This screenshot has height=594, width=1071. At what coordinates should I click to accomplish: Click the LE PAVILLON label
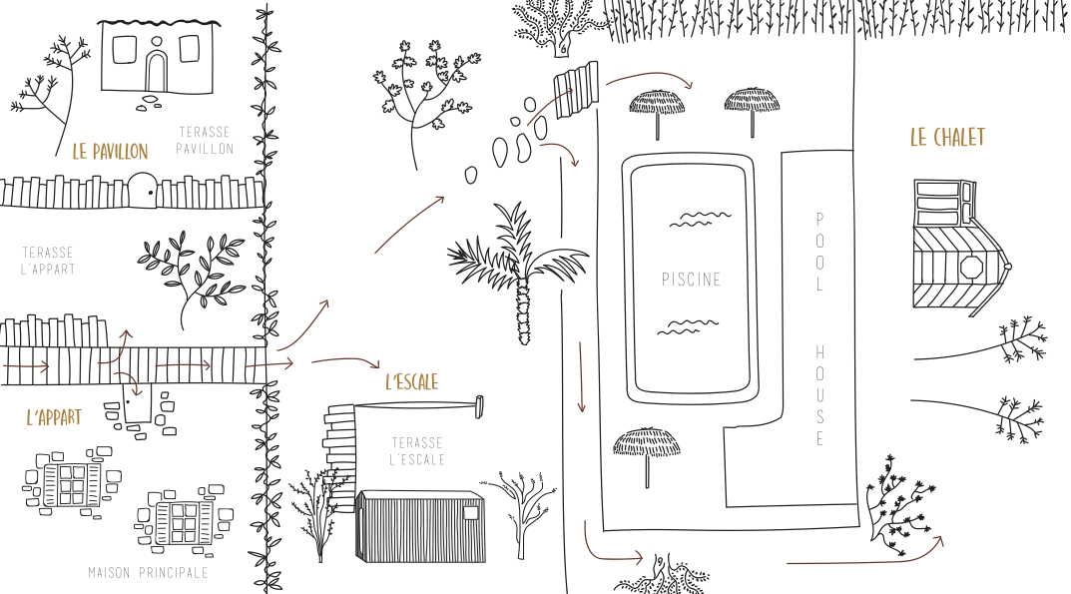point(110,152)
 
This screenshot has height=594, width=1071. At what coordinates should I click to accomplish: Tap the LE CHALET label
point(946,138)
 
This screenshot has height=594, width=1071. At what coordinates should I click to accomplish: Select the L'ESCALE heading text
point(411,381)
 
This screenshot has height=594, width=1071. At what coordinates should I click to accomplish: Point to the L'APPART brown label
point(54,417)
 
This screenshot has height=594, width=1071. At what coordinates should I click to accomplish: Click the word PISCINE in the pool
point(691,280)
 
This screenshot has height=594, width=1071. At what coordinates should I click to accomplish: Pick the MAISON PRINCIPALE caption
point(148,573)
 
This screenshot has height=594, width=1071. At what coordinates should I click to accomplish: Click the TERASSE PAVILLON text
point(205,141)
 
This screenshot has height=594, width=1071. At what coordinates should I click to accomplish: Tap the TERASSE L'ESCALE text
point(417,450)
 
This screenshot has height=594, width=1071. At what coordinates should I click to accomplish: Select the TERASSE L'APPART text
point(48,262)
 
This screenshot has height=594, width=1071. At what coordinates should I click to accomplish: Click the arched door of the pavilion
point(156,72)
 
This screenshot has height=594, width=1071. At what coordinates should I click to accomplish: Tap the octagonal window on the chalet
point(970,268)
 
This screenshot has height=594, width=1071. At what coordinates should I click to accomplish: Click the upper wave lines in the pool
point(699,219)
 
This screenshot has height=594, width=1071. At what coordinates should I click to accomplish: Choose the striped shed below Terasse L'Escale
point(419,526)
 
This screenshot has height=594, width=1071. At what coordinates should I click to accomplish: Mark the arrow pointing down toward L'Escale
point(345,361)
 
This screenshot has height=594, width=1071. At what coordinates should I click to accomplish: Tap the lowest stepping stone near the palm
point(471,175)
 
